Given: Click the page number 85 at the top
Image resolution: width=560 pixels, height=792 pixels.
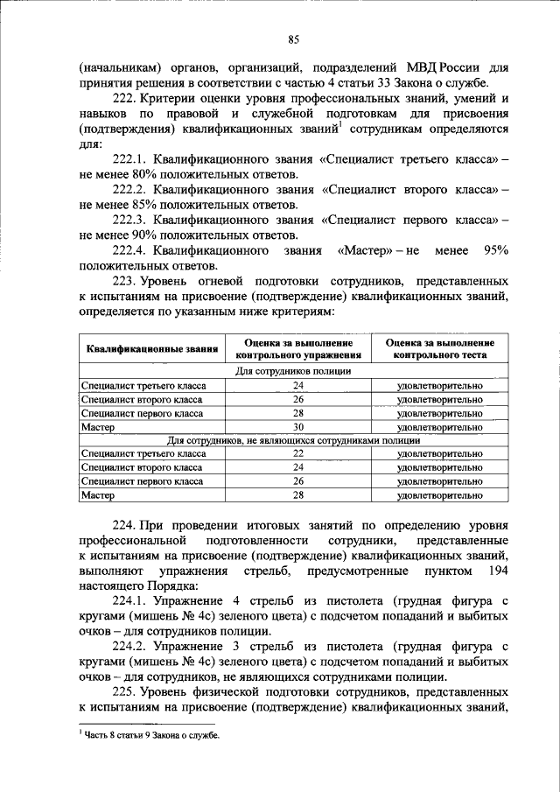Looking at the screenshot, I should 294,38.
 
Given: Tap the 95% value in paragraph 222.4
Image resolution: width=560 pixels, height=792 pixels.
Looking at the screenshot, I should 495,250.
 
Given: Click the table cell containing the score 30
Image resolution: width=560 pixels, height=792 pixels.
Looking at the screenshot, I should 298,427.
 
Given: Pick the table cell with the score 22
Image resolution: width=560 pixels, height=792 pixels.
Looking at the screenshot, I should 298,453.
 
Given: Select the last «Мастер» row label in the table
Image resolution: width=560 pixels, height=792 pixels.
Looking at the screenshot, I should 98,495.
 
